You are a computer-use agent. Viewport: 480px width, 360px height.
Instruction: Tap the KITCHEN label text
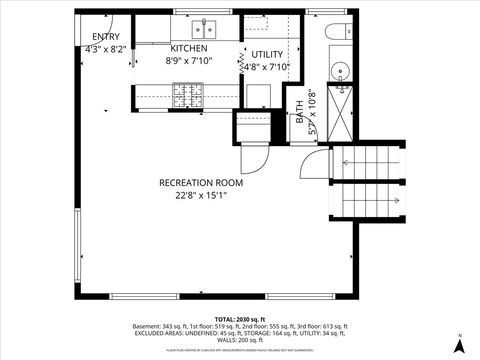coord(188,48)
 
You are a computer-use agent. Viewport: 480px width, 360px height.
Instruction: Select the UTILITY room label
coord(267,54)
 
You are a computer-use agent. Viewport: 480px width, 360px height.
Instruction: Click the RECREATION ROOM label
coord(201,183)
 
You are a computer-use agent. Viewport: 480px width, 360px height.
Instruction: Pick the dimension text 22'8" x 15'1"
coord(201,196)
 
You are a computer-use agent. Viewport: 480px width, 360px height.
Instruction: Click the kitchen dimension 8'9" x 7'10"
coord(188,60)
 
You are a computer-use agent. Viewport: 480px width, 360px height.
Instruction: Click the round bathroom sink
coord(341,70)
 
